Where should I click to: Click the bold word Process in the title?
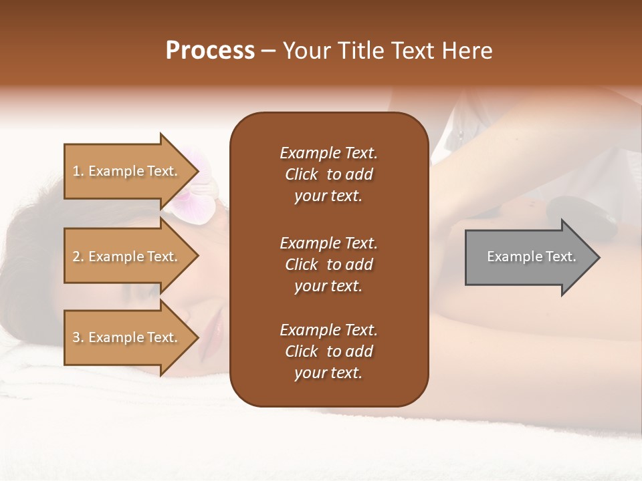[210, 51]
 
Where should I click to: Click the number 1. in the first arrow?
[78, 171]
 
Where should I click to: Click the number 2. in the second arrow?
[78, 257]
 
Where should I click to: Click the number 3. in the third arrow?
[78, 337]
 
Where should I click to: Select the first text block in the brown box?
[328, 174]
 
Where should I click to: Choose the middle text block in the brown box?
[328, 265]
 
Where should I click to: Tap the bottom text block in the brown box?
[328, 351]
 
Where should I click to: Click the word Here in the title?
[468, 51]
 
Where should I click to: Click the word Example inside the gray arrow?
[510, 257]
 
